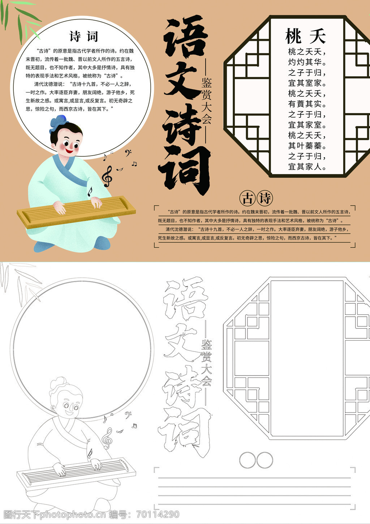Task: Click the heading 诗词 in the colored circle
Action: pos(83,36)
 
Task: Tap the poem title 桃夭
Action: pos(305,36)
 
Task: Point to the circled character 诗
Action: pos(265,198)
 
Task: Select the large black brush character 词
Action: pos(185,170)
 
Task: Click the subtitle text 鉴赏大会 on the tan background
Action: pos(206,101)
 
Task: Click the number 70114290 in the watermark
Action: pos(158,514)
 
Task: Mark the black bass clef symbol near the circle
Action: pos(128,153)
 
